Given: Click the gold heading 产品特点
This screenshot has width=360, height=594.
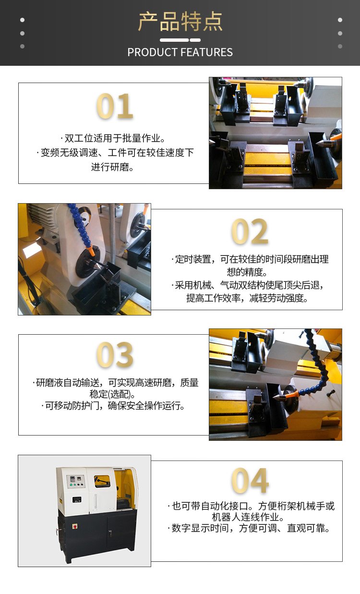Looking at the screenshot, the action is tap(180, 22).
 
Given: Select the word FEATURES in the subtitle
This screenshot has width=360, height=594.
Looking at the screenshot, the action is tap(207, 52).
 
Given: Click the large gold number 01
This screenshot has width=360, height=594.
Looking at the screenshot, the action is tap(114, 106).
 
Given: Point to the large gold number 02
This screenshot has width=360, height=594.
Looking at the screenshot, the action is tap(250, 231).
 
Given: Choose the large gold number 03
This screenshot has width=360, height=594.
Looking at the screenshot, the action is tap(115, 354).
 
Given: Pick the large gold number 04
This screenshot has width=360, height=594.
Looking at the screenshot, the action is tap(250, 481).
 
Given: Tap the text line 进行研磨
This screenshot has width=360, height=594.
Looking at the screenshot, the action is tap(112, 167).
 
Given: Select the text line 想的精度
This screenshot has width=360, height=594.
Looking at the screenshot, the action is tap(247, 272).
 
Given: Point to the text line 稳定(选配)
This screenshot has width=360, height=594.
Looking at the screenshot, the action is tap(112, 394).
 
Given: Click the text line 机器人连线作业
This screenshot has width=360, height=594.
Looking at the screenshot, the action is tap(248, 517).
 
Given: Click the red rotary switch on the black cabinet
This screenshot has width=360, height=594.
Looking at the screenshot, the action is tap(75, 527).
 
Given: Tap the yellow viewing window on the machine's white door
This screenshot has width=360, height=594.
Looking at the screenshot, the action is tap(102, 481).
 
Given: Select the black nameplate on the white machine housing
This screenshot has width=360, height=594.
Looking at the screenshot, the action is tap(77, 500).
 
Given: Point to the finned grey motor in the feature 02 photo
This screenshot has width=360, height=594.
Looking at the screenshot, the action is tap(43, 219).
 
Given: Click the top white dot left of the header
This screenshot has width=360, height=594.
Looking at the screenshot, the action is tap(22, 20).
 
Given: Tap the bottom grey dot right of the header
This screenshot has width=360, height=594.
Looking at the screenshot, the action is tap(340, 47).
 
